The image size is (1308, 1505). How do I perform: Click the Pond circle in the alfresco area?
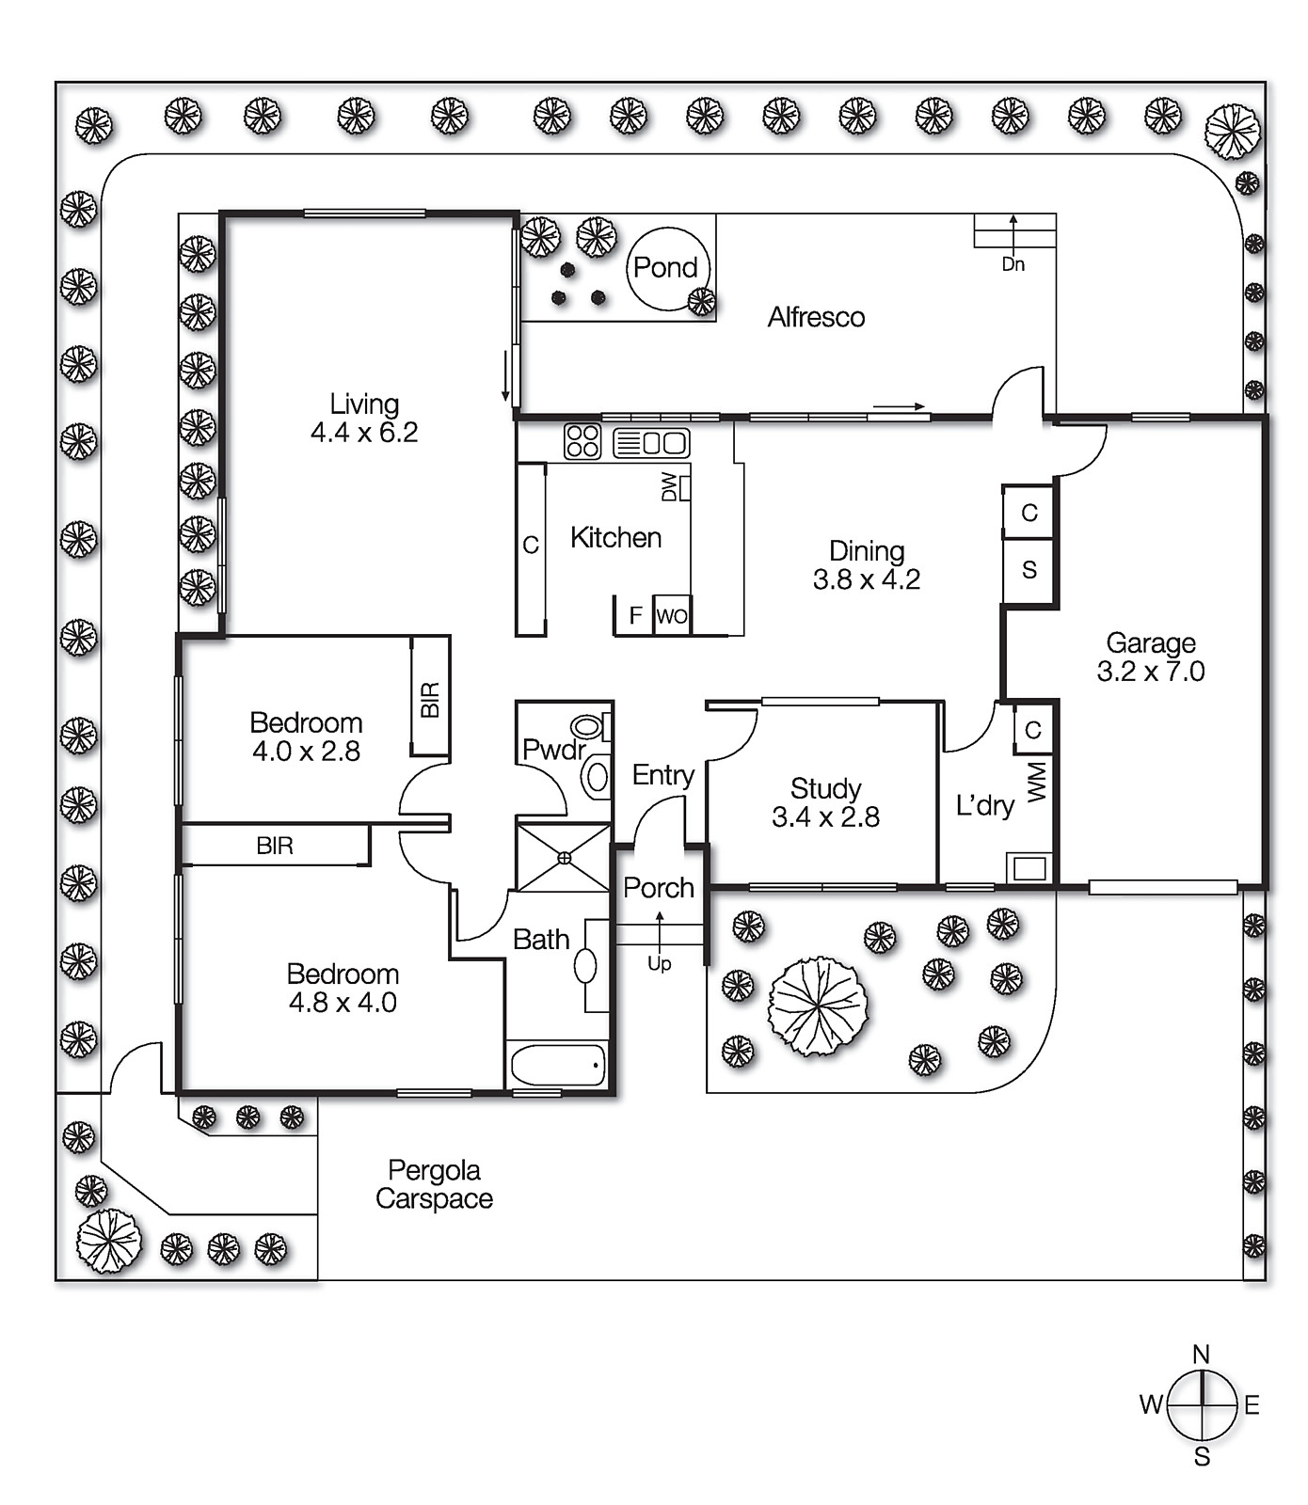[x=667, y=269]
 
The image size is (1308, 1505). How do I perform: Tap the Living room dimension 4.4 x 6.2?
[x=364, y=433]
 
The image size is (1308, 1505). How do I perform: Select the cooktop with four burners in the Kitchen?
[x=582, y=441]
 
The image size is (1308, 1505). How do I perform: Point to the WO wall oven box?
[x=672, y=616]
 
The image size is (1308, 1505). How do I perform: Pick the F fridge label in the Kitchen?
[x=635, y=615]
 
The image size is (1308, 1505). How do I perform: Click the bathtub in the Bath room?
[x=558, y=1066]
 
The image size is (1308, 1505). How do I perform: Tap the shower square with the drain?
[x=564, y=857]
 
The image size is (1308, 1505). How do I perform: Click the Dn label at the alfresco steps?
[x=1013, y=264]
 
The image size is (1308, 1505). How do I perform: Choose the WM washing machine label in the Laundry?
[x=1036, y=782]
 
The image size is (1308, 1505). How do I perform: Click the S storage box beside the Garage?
[x=1029, y=569]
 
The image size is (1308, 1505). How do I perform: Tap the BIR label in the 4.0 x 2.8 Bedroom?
[x=430, y=699]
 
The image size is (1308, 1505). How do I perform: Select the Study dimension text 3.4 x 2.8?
[x=825, y=817]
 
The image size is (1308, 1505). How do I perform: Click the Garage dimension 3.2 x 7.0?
[x=1150, y=672]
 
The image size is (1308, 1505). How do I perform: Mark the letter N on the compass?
[x=1201, y=1354]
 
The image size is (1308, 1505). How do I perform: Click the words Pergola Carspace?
[x=434, y=1184]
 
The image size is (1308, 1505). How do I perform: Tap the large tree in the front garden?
[x=818, y=1006]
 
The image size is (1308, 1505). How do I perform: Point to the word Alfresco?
[x=816, y=318]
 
